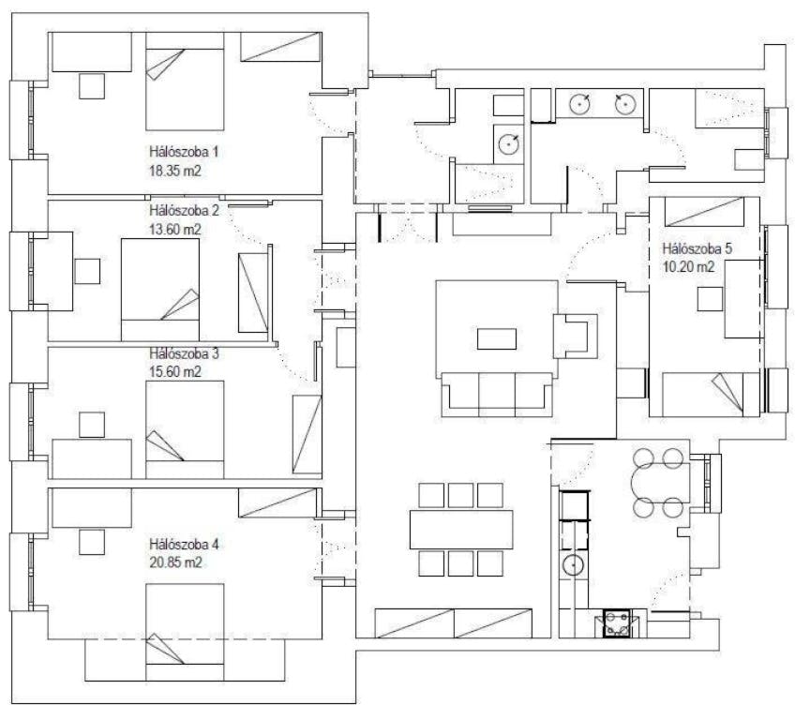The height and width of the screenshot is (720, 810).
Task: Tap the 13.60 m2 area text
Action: (x=175, y=228)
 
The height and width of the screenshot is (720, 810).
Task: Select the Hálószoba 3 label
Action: (x=184, y=354)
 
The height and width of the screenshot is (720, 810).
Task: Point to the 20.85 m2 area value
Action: (x=175, y=562)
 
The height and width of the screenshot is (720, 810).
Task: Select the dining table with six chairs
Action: (x=461, y=529)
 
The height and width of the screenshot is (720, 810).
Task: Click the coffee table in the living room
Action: (x=497, y=337)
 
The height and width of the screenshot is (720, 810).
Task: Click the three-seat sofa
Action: (x=497, y=393)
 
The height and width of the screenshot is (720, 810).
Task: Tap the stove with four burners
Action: (x=618, y=622)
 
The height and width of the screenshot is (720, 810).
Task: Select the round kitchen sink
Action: (x=573, y=565)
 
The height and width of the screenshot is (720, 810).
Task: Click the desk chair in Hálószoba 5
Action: (x=709, y=299)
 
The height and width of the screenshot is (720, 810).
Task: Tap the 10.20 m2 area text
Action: (x=689, y=266)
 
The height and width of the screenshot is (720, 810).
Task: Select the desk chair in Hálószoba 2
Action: (x=88, y=271)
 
